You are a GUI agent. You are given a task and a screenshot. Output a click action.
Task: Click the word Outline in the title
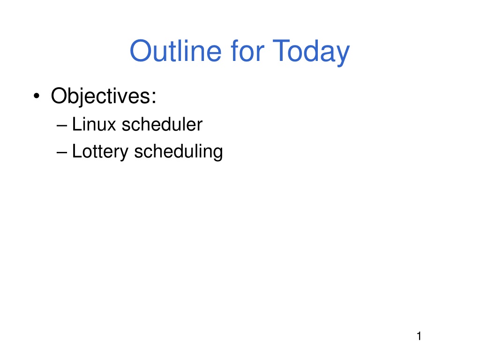coord(175,51)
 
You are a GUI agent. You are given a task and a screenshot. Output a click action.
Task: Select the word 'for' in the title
coord(247,51)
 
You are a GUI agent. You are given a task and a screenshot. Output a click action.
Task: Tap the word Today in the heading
coord(311,52)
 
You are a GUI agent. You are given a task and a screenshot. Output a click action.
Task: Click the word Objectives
coord(100,97)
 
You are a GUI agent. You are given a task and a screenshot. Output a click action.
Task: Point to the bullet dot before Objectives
coord(37,96)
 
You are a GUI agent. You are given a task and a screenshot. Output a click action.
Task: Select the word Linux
coord(94,124)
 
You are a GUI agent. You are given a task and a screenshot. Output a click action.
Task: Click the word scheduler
coord(162,124)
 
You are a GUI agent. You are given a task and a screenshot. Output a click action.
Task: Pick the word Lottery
coord(100,152)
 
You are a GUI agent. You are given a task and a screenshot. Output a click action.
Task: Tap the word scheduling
coord(179,152)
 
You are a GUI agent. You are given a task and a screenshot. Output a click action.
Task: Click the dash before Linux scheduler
coord(62,126)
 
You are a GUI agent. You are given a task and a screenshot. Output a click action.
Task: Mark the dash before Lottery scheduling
coord(62,152)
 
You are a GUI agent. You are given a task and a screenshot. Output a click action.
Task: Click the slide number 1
coord(419,336)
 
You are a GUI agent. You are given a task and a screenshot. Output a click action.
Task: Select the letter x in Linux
coord(111,126)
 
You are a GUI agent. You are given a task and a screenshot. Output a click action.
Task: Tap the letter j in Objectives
coord(83,97)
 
